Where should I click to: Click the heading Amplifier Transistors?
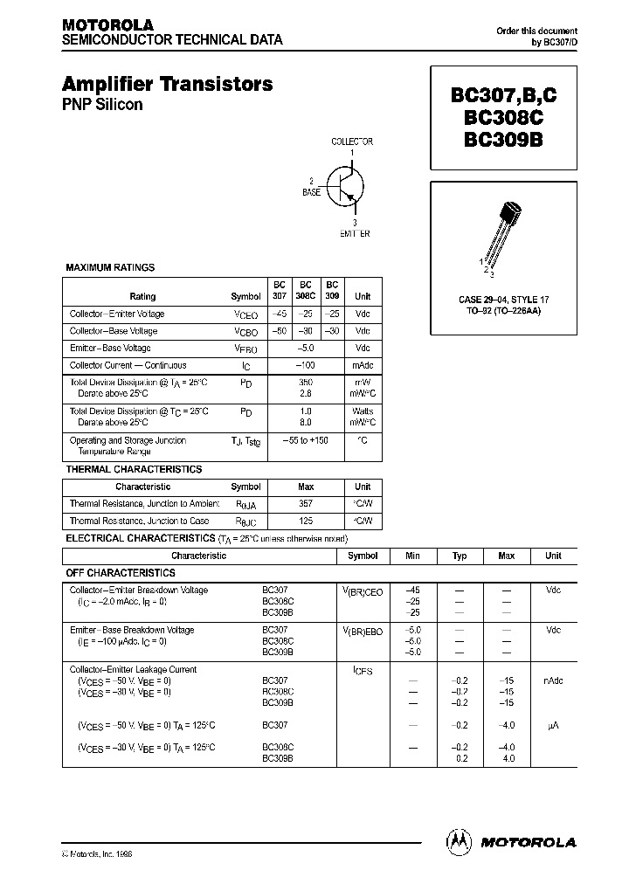pyautogui.click(x=167, y=85)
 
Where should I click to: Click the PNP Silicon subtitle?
pyautogui.click(x=101, y=105)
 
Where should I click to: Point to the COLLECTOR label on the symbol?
pyautogui.click(x=352, y=142)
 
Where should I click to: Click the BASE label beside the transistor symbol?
pyautogui.click(x=311, y=190)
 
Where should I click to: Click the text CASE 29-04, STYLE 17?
pyautogui.click(x=503, y=300)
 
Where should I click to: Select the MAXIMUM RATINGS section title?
pyautogui.click(x=110, y=267)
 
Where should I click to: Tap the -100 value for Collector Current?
pyautogui.click(x=305, y=365)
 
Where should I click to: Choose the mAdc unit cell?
pyautogui.click(x=363, y=365)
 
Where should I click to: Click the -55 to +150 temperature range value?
pyautogui.click(x=305, y=440)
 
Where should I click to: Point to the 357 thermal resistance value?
pyautogui.click(x=306, y=503)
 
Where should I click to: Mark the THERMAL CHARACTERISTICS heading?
pyautogui.click(x=134, y=469)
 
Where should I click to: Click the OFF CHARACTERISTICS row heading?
pyautogui.click(x=121, y=572)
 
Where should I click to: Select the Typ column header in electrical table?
pyautogui.click(x=460, y=556)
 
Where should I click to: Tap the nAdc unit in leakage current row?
pyautogui.click(x=553, y=681)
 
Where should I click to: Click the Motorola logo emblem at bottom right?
pyautogui.click(x=457, y=841)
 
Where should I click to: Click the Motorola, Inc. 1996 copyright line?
pyautogui.click(x=97, y=853)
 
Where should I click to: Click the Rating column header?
pyautogui.click(x=142, y=296)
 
